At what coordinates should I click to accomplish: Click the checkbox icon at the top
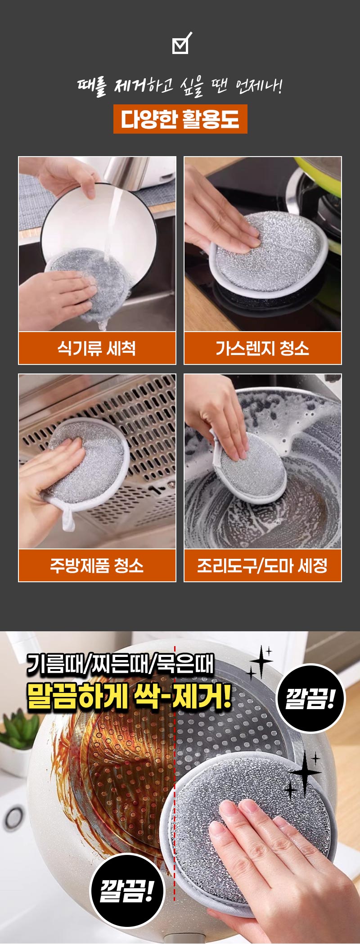[181, 43]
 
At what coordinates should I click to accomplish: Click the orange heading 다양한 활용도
[180, 119]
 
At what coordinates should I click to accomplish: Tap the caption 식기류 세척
[97, 348]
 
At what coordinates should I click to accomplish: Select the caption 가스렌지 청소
[262, 348]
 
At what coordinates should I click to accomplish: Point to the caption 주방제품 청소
[97, 566]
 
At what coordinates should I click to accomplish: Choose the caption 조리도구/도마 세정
[262, 566]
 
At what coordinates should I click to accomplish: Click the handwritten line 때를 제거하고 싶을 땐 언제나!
[180, 86]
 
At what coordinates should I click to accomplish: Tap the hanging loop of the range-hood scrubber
[67, 517]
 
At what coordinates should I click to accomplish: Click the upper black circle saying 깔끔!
[310, 699]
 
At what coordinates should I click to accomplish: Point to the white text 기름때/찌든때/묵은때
[120, 664]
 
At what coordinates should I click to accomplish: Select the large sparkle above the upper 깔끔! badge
[261, 662]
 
